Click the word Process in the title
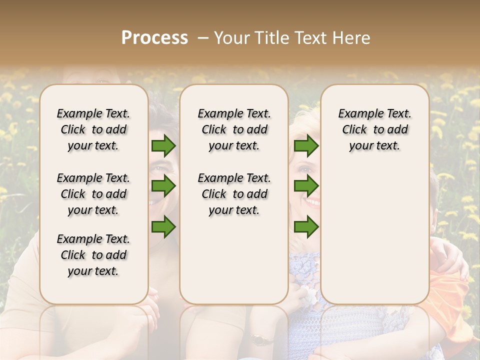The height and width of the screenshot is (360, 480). [155, 38]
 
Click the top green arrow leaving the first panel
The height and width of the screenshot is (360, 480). [163, 145]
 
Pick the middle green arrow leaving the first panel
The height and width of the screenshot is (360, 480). [163, 186]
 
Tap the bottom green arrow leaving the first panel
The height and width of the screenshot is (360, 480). [163, 226]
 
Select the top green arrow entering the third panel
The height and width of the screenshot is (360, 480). [306, 145]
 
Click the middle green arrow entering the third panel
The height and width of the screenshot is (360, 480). [306, 186]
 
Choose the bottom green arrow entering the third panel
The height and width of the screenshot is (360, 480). [306, 226]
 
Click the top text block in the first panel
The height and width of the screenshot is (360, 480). [93, 129]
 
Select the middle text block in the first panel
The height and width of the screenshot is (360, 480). [93, 194]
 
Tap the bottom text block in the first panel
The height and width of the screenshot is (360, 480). [93, 255]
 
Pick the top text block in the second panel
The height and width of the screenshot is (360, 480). [234, 129]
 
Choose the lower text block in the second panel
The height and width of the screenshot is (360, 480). [234, 194]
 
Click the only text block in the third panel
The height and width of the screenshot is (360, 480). [375, 129]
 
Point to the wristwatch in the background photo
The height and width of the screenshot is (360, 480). [260, 340]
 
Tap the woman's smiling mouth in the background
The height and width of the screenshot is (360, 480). [312, 202]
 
